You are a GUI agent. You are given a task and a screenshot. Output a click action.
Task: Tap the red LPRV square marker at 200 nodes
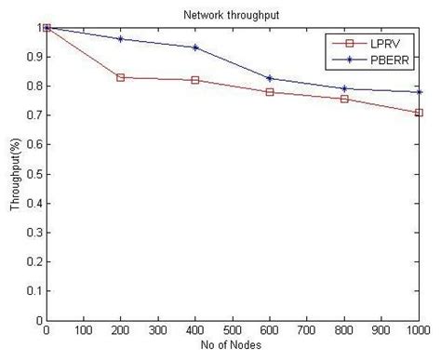click(121, 77)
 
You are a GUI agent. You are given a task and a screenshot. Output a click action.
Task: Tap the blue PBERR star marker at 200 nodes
click(121, 39)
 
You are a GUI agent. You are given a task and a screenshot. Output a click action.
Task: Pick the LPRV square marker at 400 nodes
click(195, 80)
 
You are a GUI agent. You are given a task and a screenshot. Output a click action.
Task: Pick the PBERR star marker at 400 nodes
click(195, 47)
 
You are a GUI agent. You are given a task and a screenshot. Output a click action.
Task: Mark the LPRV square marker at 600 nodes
click(270, 92)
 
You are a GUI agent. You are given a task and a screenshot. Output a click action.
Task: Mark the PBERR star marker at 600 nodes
click(270, 78)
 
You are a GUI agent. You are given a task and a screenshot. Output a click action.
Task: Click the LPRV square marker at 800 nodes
click(344, 99)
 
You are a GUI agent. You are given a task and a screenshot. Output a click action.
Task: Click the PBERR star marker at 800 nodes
click(344, 89)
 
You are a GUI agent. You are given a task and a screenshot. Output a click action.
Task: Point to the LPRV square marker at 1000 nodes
click(419, 113)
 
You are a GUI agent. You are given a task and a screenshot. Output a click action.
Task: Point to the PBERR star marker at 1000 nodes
click(419, 92)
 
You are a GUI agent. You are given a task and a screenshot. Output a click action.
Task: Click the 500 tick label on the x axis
click(233, 330)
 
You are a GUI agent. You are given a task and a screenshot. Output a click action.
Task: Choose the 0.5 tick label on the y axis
click(33, 174)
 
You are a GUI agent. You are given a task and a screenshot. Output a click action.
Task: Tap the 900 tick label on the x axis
click(381, 330)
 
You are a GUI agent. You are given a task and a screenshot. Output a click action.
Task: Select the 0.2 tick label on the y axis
click(33, 262)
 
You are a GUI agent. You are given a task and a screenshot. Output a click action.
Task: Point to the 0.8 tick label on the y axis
click(33, 87)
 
